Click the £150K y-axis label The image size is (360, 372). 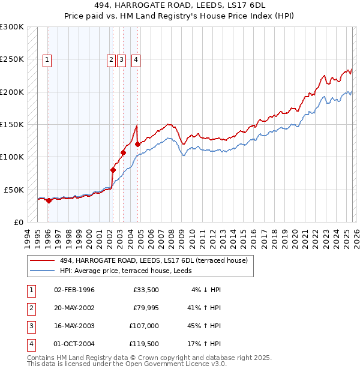point(12,124)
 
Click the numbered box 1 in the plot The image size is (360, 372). point(47,59)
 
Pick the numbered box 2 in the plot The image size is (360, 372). point(112,59)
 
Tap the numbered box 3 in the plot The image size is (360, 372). point(121,59)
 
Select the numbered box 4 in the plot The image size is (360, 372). point(136,59)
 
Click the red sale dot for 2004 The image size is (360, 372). point(137,144)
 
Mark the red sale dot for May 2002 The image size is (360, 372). point(113,170)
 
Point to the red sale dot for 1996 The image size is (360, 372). point(49,200)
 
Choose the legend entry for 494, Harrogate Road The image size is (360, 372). point(141,260)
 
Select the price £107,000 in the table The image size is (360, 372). point(144,326)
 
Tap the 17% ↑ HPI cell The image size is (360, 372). point(205,344)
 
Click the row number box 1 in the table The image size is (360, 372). point(31,290)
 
